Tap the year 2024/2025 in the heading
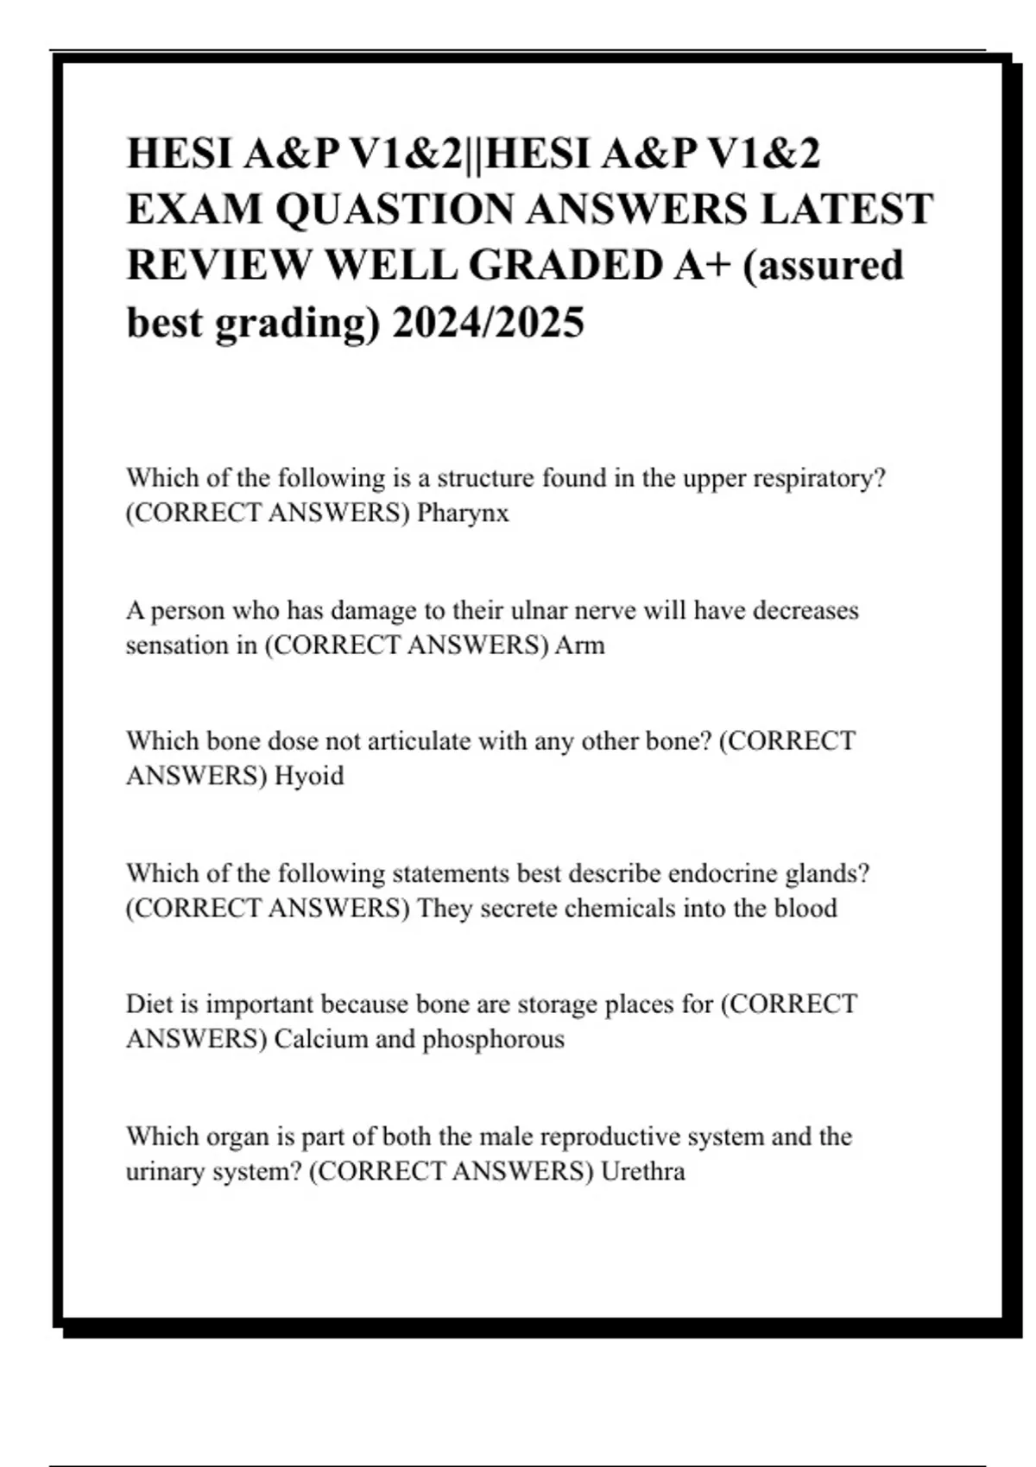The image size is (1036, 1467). (x=488, y=324)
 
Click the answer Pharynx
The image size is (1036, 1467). (x=463, y=513)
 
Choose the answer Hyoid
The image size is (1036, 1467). (x=309, y=777)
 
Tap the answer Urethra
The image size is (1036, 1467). (x=643, y=1172)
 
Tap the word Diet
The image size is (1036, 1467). (x=148, y=1004)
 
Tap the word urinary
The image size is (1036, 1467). (x=167, y=1172)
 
